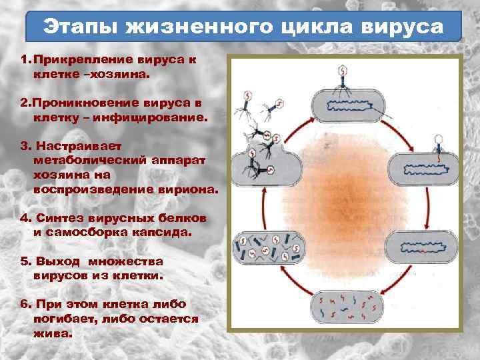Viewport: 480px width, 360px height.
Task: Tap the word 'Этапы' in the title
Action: tap(75, 28)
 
